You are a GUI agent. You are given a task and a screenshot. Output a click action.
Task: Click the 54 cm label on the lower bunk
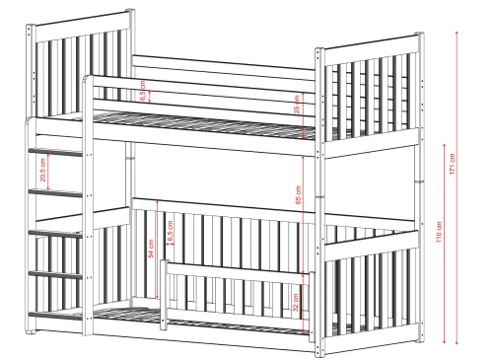[x=151, y=249]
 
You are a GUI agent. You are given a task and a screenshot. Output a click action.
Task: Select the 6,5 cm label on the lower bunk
[x=173, y=233]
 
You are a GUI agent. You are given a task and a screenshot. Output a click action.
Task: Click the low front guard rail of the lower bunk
[x=232, y=286]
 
